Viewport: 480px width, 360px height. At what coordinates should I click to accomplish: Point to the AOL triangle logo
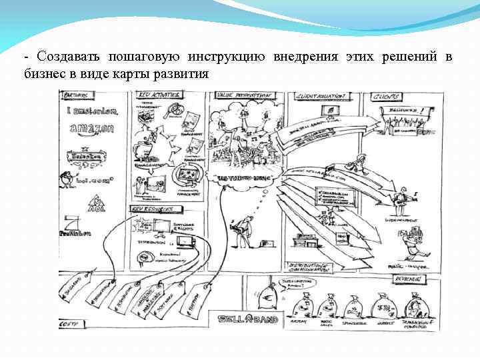pyautogui.click(x=97, y=201)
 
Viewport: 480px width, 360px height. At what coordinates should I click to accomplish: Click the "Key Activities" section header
pyautogui.click(x=159, y=95)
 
